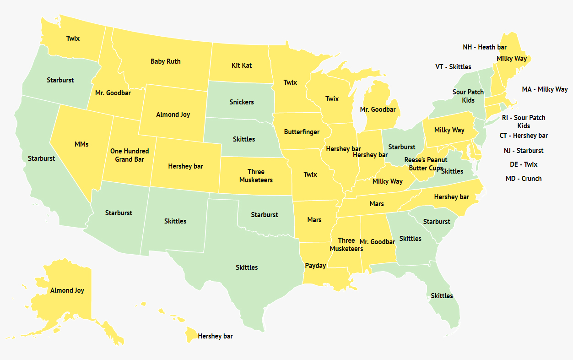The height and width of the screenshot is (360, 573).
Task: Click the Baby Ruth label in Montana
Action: click(x=166, y=61)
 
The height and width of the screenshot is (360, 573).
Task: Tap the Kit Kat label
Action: click(x=242, y=65)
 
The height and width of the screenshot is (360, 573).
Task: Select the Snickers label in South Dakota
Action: click(x=242, y=102)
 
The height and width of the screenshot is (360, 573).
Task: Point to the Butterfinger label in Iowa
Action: click(x=302, y=132)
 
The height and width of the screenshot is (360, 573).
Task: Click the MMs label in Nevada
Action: click(x=81, y=144)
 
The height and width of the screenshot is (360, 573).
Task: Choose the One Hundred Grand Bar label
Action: click(x=130, y=155)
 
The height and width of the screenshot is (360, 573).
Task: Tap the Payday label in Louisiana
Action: click(x=315, y=266)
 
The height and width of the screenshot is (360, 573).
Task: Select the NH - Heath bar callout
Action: click(x=485, y=47)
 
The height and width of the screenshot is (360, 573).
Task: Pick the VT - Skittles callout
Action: click(x=453, y=67)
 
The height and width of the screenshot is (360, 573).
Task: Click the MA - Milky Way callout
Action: click(x=545, y=89)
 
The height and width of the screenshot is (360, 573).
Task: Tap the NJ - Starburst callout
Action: click(x=524, y=151)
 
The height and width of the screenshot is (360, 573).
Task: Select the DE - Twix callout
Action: click(x=524, y=164)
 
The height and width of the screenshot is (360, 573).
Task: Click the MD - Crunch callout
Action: click(x=524, y=179)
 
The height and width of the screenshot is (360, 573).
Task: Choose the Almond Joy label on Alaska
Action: click(x=67, y=290)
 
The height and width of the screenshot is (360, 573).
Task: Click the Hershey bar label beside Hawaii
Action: click(x=215, y=336)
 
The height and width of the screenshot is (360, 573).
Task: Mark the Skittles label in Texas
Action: click(x=247, y=267)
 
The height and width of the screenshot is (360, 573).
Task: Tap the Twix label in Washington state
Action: click(x=73, y=38)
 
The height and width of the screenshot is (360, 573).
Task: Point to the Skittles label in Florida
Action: click(x=442, y=296)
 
